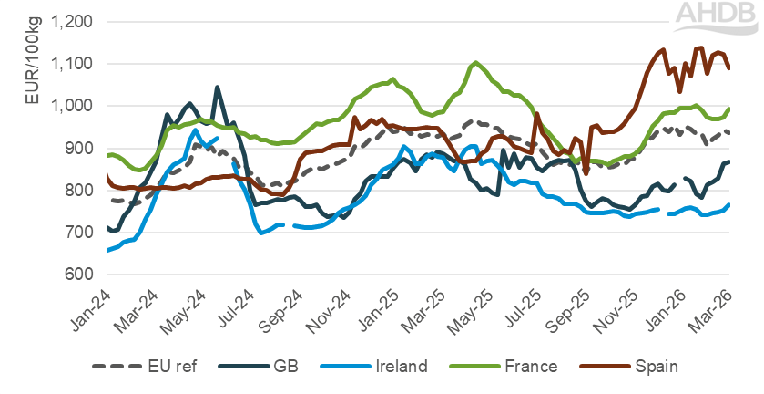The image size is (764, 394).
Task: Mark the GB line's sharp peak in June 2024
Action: click(x=217, y=88)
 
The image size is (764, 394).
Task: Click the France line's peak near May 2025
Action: click(x=475, y=63)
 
